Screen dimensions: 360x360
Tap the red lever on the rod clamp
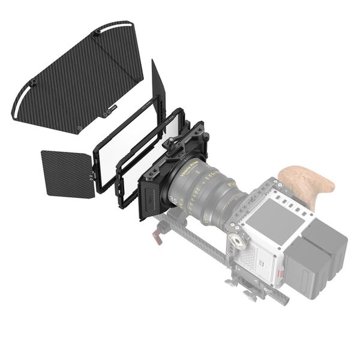click(x=157, y=236)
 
